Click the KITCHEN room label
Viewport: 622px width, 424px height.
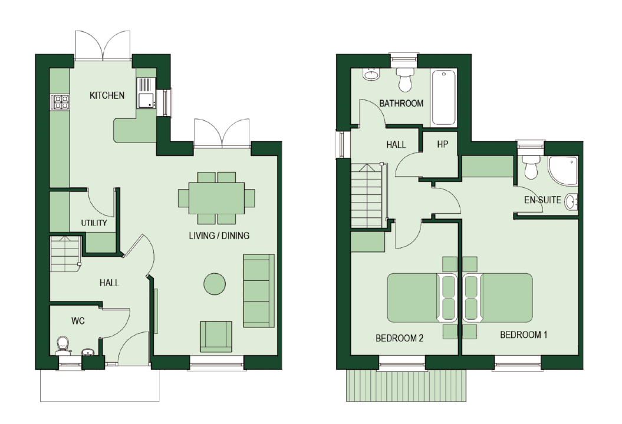point(107,95)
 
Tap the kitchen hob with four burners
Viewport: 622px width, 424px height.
point(60,102)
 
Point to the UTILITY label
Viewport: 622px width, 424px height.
point(94,223)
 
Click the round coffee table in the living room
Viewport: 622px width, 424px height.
point(215,284)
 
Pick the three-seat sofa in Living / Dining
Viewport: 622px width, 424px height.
point(259,291)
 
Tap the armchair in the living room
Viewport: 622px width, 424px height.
point(216,336)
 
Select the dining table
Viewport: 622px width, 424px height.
point(216,198)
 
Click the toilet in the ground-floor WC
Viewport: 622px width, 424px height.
point(62,346)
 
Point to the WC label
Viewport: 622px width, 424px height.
point(78,321)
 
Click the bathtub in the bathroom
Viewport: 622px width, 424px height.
point(444,98)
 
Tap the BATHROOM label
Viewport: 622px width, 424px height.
point(401,104)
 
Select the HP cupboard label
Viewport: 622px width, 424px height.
point(442,145)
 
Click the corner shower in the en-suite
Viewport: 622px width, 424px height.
point(563,170)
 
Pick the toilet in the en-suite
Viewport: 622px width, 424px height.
point(531,167)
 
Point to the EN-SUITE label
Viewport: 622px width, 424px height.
point(542,200)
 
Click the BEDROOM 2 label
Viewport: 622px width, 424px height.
point(399,338)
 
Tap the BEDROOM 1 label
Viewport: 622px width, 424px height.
point(524,335)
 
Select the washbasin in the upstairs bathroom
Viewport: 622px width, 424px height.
point(371,74)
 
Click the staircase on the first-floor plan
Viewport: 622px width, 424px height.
point(366,196)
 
